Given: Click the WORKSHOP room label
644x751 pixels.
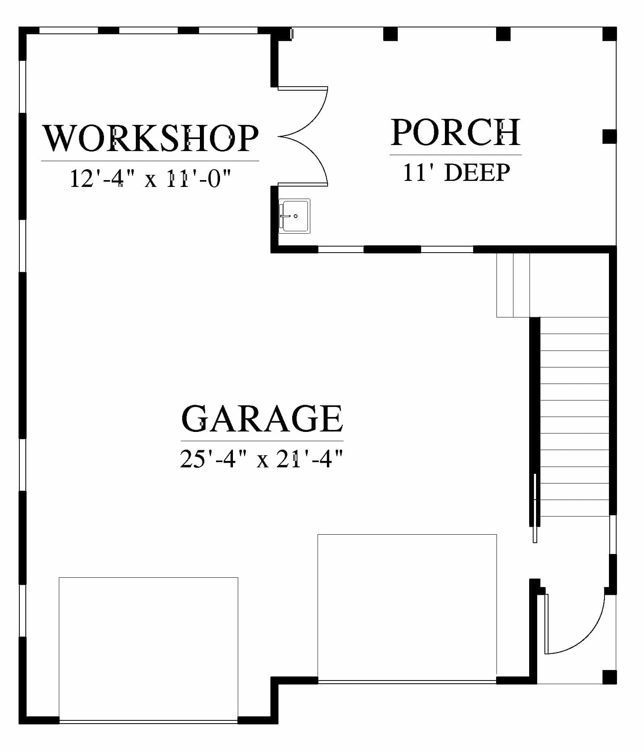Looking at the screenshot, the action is click(150, 138).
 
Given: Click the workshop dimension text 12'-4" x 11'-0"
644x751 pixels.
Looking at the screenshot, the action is click(151, 178).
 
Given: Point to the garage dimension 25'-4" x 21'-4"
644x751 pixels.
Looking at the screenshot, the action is click(262, 458).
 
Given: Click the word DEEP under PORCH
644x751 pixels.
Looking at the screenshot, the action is click(477, 172).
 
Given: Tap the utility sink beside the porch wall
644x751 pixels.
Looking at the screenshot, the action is click(295, 216).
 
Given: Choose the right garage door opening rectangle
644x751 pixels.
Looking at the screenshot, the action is click(407, 608).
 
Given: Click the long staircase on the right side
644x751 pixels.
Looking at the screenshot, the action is click(574, 417).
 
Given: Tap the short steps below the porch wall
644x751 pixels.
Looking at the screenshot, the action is click(513, 285).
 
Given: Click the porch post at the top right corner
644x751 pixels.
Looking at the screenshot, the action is click(609, 34).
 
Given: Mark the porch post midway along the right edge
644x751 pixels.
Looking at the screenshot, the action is click(609, 137).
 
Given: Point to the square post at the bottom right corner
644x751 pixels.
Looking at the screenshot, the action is click(609, 677).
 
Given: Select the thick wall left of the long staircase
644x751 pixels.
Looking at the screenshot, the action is click(534, 421).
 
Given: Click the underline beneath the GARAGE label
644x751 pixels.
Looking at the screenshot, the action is click(262, 441).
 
